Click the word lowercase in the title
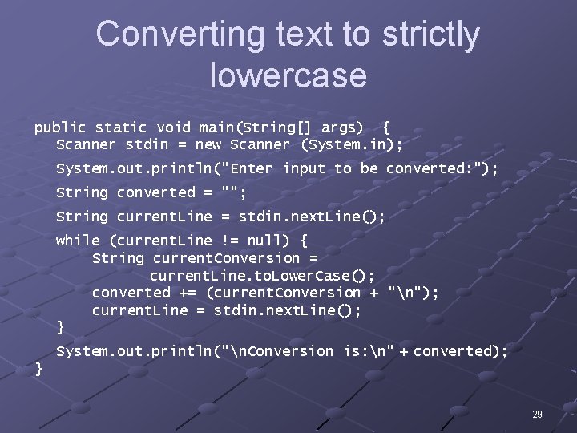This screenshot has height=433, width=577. point(288,75)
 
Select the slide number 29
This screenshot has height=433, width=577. point(537,415)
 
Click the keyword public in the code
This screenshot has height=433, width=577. point(59,127)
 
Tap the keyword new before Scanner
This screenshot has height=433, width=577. point(208,145)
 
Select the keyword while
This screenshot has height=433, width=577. point(78,241)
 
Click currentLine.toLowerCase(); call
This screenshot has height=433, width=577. point(262,275)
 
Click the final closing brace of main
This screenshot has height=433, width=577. point(38,368)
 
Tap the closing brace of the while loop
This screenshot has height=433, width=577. point(60,327)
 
